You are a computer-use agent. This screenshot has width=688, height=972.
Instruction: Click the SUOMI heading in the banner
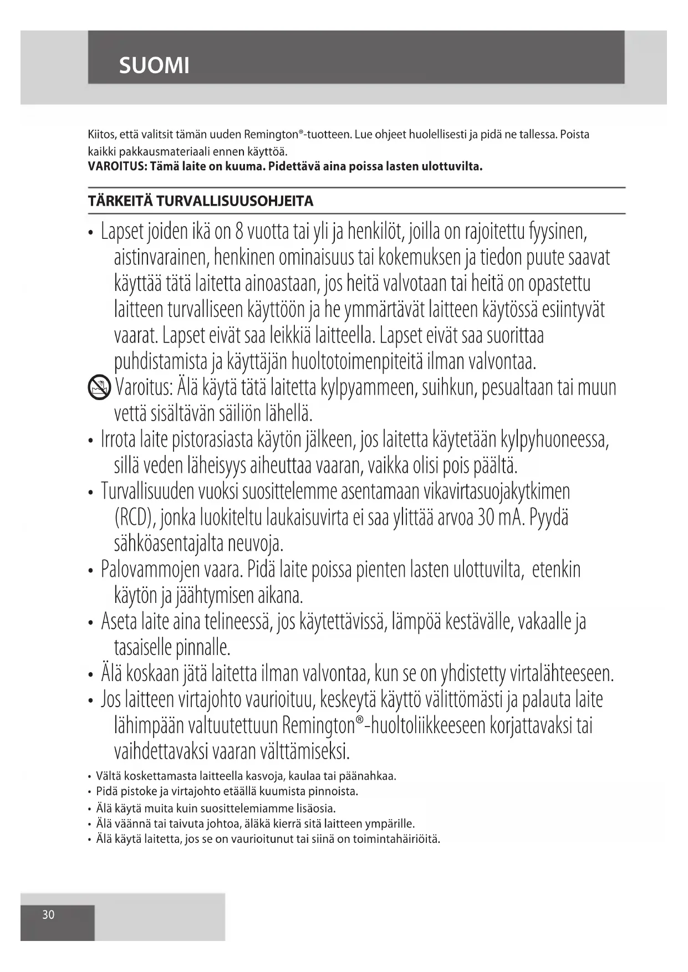154,66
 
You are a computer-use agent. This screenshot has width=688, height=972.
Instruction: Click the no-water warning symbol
99,386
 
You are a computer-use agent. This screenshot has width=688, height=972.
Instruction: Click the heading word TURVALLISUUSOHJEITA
235,201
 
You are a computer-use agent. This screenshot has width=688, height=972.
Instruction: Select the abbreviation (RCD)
134,518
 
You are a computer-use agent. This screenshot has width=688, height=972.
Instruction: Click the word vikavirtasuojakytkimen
496,492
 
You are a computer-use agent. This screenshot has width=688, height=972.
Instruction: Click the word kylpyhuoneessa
554,440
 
